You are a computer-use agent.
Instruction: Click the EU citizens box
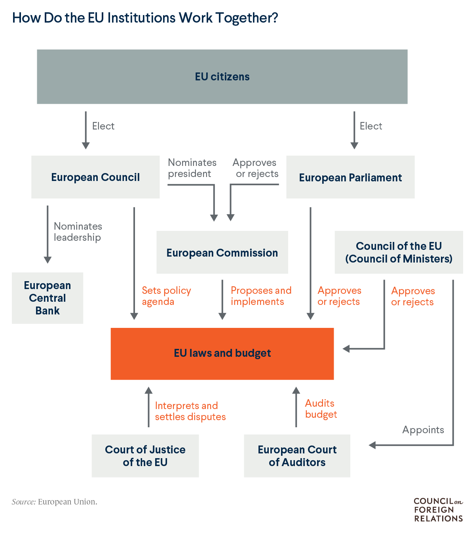click(x=222, y=77)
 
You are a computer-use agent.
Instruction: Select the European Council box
click(x=95, y=177)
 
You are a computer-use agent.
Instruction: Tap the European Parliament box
click(x=350, y=177)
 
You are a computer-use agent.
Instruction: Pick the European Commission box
click(x=222, y=253)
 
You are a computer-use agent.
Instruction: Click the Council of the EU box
click(x=399, y=252)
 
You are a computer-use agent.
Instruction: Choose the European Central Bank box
click(x=47, y=298)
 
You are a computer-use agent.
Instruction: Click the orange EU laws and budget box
click(x=222, y=353)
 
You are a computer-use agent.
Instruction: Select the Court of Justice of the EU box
click(x=145, y=456)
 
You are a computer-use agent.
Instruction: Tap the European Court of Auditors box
click(x=297, y=456)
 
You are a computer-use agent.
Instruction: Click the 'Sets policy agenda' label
click(x=166, y=296)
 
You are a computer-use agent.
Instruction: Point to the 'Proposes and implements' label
click(x=261, y=296)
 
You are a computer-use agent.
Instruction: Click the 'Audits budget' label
click(x=321, y=409)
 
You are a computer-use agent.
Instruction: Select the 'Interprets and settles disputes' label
click(x=190, y=411)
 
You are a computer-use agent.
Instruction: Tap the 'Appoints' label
click(x=423, y=430)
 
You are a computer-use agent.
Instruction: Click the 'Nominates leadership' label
click(x=78, y=232)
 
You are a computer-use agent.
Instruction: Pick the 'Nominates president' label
click(x=192, y=168)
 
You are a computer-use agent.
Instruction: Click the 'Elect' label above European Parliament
click(x=370, y=126)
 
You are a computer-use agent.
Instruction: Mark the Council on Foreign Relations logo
click(x=438, y=510)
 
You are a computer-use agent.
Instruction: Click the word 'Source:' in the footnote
click(x=24, y=502)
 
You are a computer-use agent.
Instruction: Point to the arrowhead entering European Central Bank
click(x=47, y=260)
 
